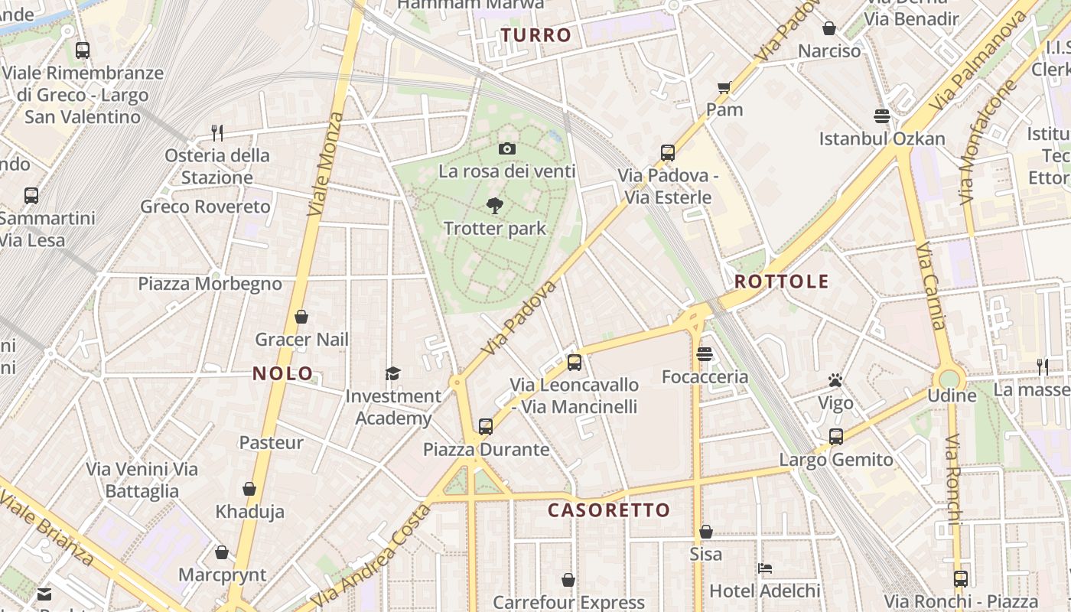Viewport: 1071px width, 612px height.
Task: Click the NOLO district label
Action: tap(283, 373)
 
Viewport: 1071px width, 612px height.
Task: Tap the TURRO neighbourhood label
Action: tap(536, 35)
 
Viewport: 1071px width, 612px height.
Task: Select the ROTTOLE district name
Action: tap(781, 282)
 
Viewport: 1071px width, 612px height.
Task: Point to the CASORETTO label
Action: tap(609, 510)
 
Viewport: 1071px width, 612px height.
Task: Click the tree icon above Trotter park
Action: tap(495, 205)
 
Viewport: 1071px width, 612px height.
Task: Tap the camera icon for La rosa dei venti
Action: tap(506, 148)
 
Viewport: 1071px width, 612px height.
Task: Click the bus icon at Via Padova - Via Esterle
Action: tap(668, 152)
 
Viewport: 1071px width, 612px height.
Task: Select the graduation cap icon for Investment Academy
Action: tap(392, 373)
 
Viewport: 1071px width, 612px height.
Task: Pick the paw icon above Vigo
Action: tap(835, 380)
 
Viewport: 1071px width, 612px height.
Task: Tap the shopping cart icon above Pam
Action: tap(724, 87)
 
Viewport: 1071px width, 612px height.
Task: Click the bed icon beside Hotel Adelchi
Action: tap(764, 568)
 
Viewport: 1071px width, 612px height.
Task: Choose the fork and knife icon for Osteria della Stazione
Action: tap(217, 133)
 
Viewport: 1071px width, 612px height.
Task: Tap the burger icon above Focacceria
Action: tap(705, 354)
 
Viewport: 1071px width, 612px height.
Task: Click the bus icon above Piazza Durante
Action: tap(486, 426)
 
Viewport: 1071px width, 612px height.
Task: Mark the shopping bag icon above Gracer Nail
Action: tap(301, 317)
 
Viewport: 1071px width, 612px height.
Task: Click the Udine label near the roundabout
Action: tap(952, 396)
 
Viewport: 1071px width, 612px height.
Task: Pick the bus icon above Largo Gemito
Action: tap(836, 437)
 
